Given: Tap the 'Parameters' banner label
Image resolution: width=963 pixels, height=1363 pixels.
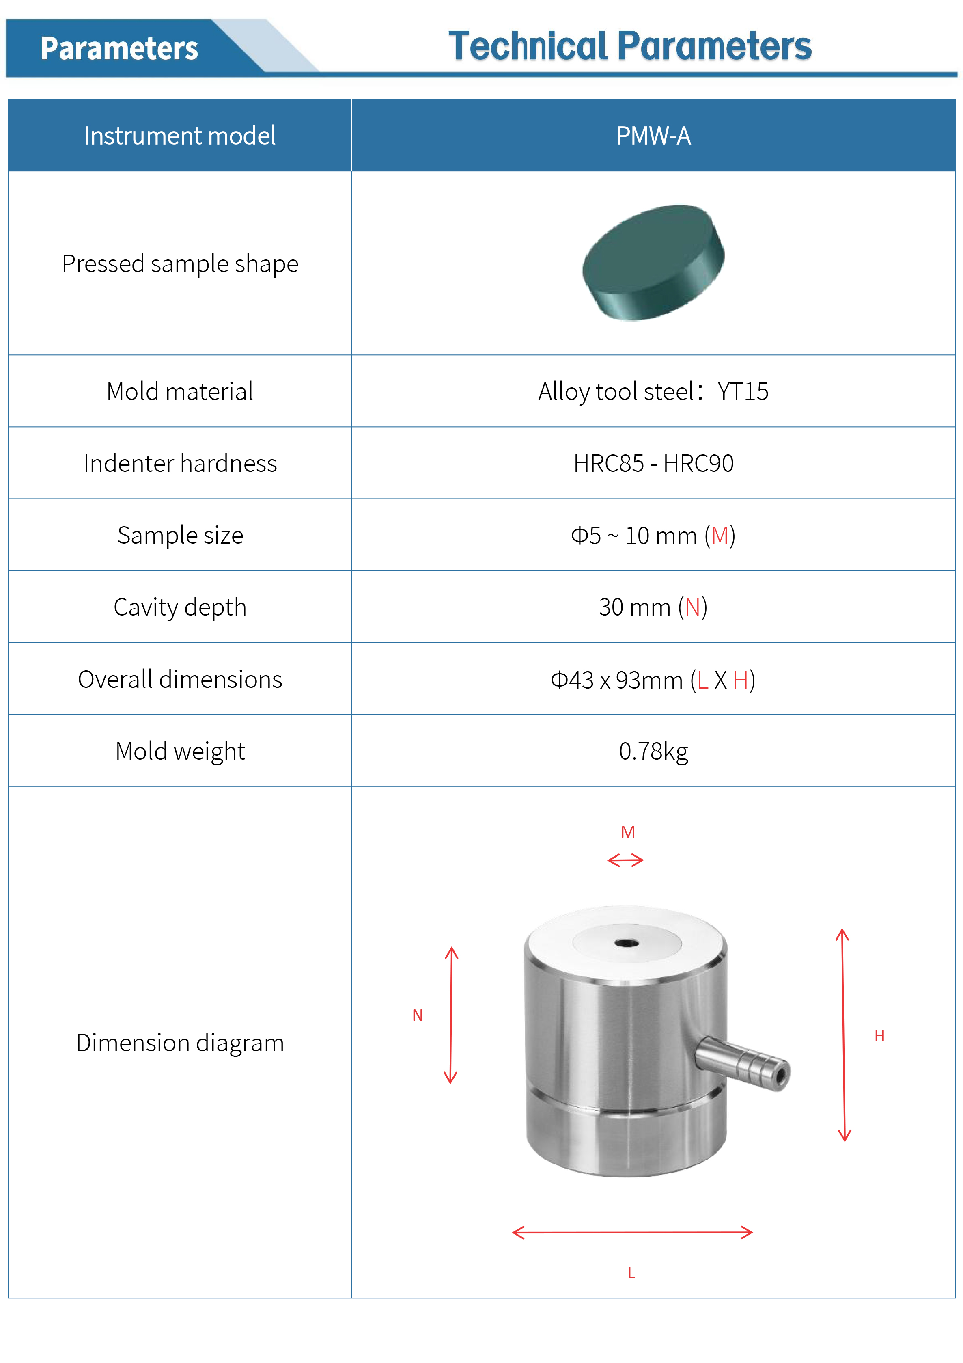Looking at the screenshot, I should [119, 49].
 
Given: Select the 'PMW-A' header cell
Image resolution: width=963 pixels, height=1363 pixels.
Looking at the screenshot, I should [653, 136].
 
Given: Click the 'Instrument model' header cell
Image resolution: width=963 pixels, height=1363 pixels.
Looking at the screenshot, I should [180, 136].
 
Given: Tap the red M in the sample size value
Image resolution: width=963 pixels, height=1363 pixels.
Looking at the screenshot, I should [720, 536].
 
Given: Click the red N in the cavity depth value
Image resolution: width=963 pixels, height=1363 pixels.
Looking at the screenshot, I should [692, 607].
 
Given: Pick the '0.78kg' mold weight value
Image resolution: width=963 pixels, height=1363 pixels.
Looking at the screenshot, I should [653, 752].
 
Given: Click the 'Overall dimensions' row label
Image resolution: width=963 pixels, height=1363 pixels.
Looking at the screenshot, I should [180, 680].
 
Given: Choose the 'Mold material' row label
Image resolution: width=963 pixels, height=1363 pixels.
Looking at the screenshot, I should [180, 392].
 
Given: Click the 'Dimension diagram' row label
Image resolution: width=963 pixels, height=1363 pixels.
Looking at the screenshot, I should [180, 1043].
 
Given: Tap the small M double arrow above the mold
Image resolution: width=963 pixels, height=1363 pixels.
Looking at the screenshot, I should [625, 860].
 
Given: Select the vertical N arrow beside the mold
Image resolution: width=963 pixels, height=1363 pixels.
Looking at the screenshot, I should [451, 1015].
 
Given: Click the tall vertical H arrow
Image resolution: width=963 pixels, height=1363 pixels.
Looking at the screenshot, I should [843, 1035].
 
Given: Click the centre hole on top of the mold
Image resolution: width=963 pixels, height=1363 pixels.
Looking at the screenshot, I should [626, 943].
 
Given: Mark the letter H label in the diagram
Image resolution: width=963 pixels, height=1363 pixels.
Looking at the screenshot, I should [879, 1036].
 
